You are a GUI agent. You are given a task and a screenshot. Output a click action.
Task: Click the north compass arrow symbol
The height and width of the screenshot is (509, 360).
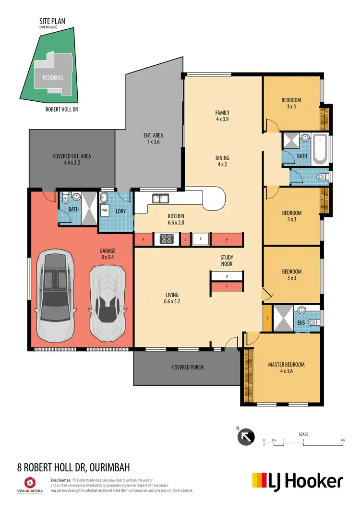pos(245,437)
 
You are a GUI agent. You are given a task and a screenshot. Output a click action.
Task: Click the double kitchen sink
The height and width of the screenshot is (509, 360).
pos(160,198)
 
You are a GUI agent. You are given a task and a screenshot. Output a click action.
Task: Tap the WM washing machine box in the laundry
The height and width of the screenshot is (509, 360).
pos(105,210)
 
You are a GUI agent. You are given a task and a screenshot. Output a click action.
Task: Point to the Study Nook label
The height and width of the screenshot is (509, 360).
pos(227,260)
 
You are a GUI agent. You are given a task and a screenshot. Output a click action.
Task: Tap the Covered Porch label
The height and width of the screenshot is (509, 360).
pos(188,367)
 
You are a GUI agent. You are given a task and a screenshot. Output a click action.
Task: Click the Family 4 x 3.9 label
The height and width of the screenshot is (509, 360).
pos(222,116)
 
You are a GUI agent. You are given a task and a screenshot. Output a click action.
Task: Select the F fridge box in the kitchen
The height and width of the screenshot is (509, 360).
pos(200,239)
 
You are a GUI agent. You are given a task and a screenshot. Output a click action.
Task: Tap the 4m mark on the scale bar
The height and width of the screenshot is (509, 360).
pos(342,440)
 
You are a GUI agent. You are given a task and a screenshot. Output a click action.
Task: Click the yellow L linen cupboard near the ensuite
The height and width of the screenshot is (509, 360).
pos(267,319)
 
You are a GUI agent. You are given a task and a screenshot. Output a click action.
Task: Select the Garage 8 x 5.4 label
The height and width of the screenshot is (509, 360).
pos(108,254)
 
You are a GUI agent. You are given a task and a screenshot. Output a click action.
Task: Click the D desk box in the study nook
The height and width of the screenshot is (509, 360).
pos(226,277)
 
